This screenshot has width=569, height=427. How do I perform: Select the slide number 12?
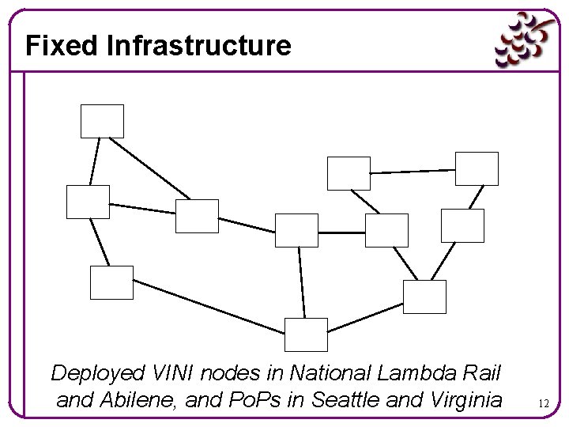click(543, 403)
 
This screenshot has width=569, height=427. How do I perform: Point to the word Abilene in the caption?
click(137, 400)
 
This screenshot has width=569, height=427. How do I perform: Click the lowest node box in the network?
click(306, 334)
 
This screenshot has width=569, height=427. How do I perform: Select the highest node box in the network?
click(103, 121)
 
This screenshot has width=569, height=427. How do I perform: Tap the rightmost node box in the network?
click(477, 168)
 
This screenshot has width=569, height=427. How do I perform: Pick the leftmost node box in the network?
click(88, 202)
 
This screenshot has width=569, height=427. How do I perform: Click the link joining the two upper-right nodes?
click(413, 171)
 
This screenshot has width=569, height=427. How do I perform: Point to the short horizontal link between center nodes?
click(341, 232)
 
